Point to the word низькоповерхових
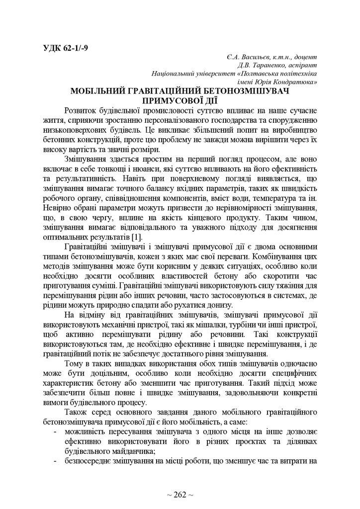pos(72,130)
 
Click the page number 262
pos(180,495)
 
